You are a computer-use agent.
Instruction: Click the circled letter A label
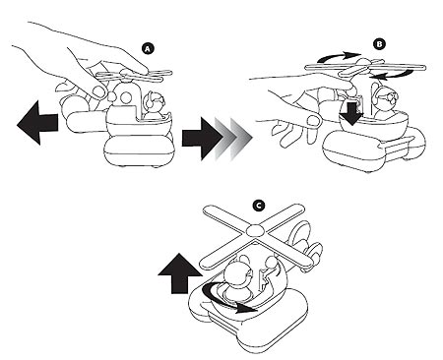click(x=148, y=49)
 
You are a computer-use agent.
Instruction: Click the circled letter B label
click(x=379, y=44)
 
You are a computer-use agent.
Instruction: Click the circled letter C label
click(x=259, y=206)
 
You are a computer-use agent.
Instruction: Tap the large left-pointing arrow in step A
click(x=37, y=123)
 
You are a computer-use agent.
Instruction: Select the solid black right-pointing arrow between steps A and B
click(x=202, y=139)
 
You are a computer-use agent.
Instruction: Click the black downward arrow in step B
click(x=351, y=112)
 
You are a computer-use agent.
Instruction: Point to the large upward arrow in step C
click(x=180, y=273)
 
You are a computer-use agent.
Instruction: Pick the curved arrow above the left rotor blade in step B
click(x=338, y=57)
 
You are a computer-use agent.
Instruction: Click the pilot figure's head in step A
click(x=156, y=100)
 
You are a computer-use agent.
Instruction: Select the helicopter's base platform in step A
click(x=139, y=150)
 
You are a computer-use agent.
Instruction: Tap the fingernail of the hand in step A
click(x=97, y=90)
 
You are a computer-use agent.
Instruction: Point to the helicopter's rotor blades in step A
click(x=134, y=76)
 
